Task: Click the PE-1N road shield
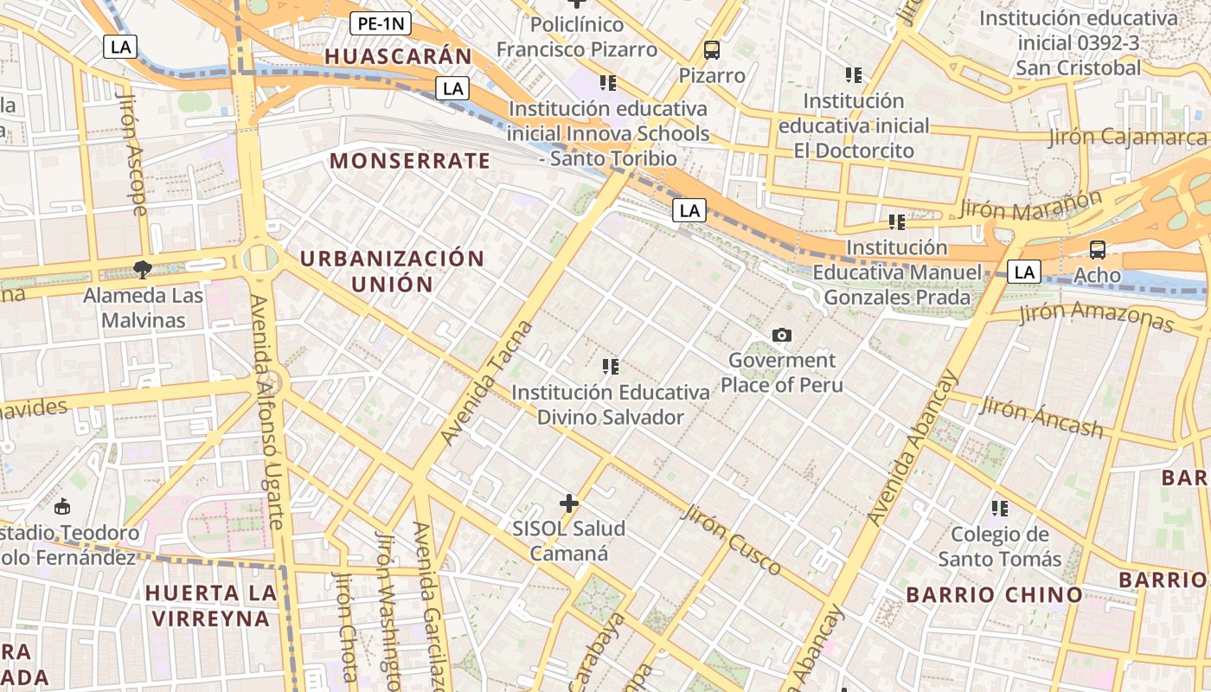pos(380,23)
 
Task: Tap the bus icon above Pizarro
pos(712,50)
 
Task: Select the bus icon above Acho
pos(1097,250)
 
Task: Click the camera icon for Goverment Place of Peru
pos(781,335)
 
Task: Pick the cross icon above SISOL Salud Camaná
pos(568,503)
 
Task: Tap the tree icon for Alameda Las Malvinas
pos(143,270)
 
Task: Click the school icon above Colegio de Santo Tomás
pos(1000,509)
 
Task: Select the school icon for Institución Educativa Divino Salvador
pos(611,367)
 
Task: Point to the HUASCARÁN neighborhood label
pos(399,57)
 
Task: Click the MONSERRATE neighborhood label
pos(410,161)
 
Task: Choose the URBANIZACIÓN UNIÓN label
pos(392,271)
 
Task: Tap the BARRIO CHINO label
pos(994,594)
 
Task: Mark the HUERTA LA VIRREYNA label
pos(211,605)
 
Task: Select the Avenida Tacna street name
pos(487,383)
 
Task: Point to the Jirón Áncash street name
pos(1041,417)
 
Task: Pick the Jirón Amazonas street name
pos(1096,316)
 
